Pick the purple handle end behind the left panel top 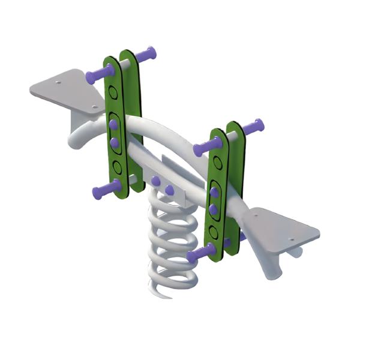[146, 55]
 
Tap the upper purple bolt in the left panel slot [113, 124]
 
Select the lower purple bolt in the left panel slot [115, 142]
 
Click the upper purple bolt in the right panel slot [214, 192]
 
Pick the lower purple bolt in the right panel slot [214, 209]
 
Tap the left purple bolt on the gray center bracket [155, 181]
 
